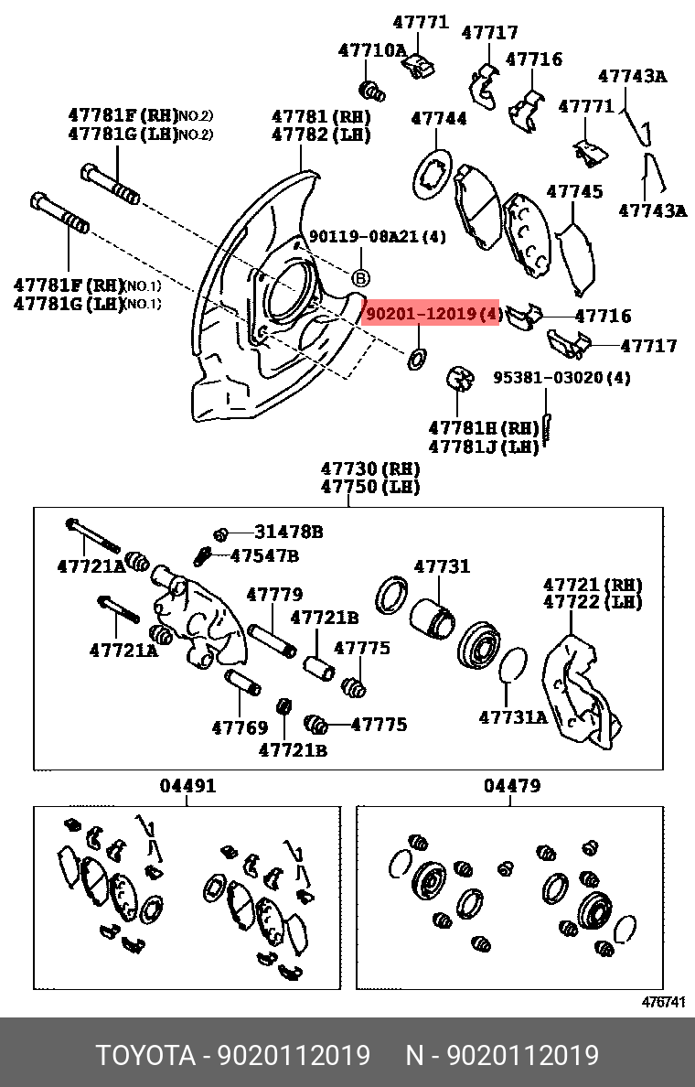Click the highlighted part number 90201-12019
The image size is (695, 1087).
432,314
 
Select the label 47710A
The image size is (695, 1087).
371,50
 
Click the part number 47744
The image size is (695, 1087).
438,118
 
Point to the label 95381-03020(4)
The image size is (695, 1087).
561,377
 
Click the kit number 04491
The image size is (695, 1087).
188,785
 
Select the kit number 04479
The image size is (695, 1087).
512,785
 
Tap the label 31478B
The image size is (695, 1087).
288,532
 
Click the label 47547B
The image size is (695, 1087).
263,555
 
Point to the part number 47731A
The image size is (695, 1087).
512,717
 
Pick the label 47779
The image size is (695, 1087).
274,595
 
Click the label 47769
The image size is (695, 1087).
240,728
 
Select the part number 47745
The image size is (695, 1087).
574,191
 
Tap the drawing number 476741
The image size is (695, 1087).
662,1002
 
